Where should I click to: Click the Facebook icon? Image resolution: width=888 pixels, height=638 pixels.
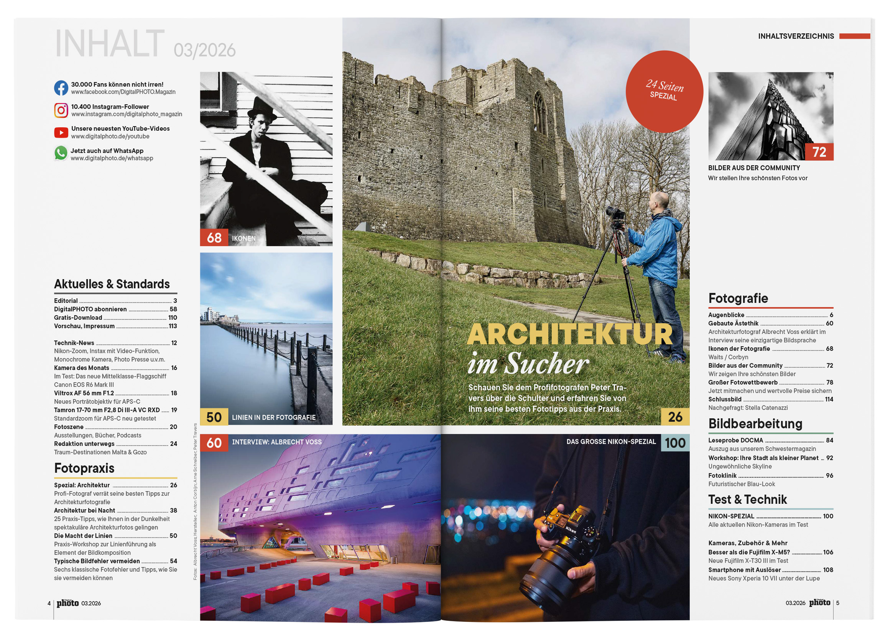click(x=61, y=88)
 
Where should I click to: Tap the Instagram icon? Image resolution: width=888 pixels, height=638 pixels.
click(x=61, y=110)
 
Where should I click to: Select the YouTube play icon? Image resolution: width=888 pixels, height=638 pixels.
click(x=61, y=133)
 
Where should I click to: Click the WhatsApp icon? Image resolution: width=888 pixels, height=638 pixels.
click(x=61, y=153)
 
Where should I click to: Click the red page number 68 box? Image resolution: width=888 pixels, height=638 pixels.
click(x=214, y=238)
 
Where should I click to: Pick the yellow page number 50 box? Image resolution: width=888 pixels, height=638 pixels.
click(x=214, y=417)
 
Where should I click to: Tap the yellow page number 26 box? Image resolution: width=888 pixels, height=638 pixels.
click(x=675, y=417)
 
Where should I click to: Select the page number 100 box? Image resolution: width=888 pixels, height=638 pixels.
click(x=675, y=443)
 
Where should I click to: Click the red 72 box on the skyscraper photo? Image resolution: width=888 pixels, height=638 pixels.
click(x=819, y=152)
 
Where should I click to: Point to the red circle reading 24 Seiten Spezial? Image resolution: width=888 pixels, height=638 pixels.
click(x=664, y=92)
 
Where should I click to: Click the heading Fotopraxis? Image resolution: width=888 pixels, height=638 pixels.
click(x=84, y=468)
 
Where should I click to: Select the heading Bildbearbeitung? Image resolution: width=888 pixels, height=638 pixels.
click(x=755, y=424)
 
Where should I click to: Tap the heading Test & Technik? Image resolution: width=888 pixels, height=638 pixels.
click(x=747, y=500)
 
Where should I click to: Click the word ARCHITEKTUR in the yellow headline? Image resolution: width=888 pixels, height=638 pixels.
click(x=570, y=335)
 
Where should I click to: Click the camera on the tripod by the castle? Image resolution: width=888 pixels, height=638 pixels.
click(x=615, y=214)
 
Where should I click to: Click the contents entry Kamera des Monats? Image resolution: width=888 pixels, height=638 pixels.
click(x=81, y=368)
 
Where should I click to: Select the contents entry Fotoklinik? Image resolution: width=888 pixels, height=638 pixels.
click(x=722, y=475)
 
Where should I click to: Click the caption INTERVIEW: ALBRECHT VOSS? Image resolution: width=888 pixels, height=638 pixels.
click(x=276, y=442)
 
